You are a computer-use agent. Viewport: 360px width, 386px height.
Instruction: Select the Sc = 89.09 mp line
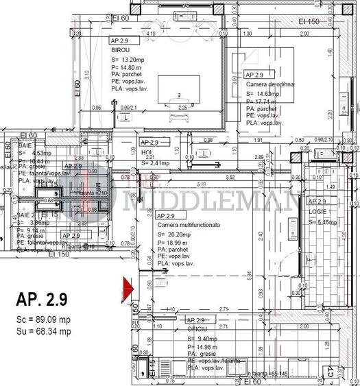44,320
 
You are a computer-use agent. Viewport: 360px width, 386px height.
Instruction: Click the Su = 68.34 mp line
44,331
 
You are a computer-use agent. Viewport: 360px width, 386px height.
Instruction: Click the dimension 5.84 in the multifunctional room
250,275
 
